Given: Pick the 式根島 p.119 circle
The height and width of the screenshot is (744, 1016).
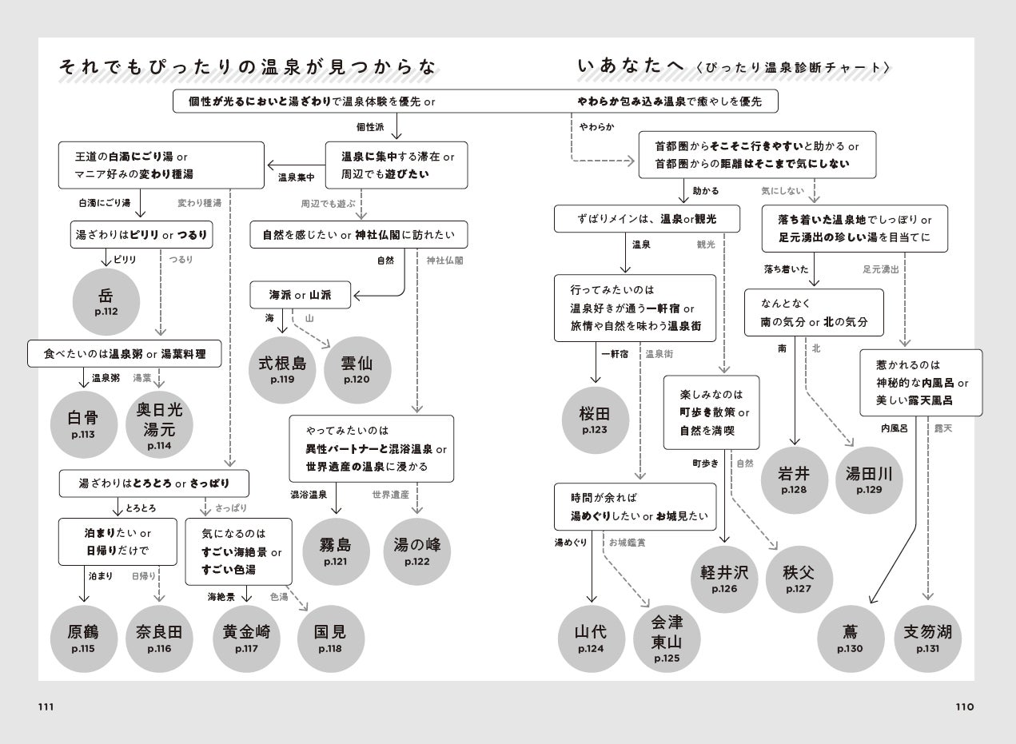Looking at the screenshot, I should click(x=282, y=369).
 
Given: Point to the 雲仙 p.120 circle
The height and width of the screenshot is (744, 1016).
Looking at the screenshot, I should click(x=357, y=369).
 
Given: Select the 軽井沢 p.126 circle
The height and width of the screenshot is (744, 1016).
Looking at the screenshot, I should click(x=724, y=580).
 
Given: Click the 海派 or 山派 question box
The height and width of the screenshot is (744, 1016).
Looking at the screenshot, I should click(x=301, y=295).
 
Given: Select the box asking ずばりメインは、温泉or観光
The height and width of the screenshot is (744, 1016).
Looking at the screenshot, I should click(x=647, y=219).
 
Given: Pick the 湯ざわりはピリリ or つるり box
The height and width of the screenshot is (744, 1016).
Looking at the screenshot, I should click(x=141, y=234).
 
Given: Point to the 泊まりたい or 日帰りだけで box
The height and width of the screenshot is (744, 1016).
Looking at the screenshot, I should click(x=118, y=541).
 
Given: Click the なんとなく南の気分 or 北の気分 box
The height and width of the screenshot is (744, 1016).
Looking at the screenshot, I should click(x=814, y=312).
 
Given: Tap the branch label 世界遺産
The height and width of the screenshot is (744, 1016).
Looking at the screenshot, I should click(x=390, y=495).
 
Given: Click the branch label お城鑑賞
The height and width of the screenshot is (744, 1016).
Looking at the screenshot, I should click(x=627, y=543).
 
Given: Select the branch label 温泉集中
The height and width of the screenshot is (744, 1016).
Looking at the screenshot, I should click(x=297, y=177).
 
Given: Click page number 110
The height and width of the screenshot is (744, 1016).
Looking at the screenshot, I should click(x=965, y=707).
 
